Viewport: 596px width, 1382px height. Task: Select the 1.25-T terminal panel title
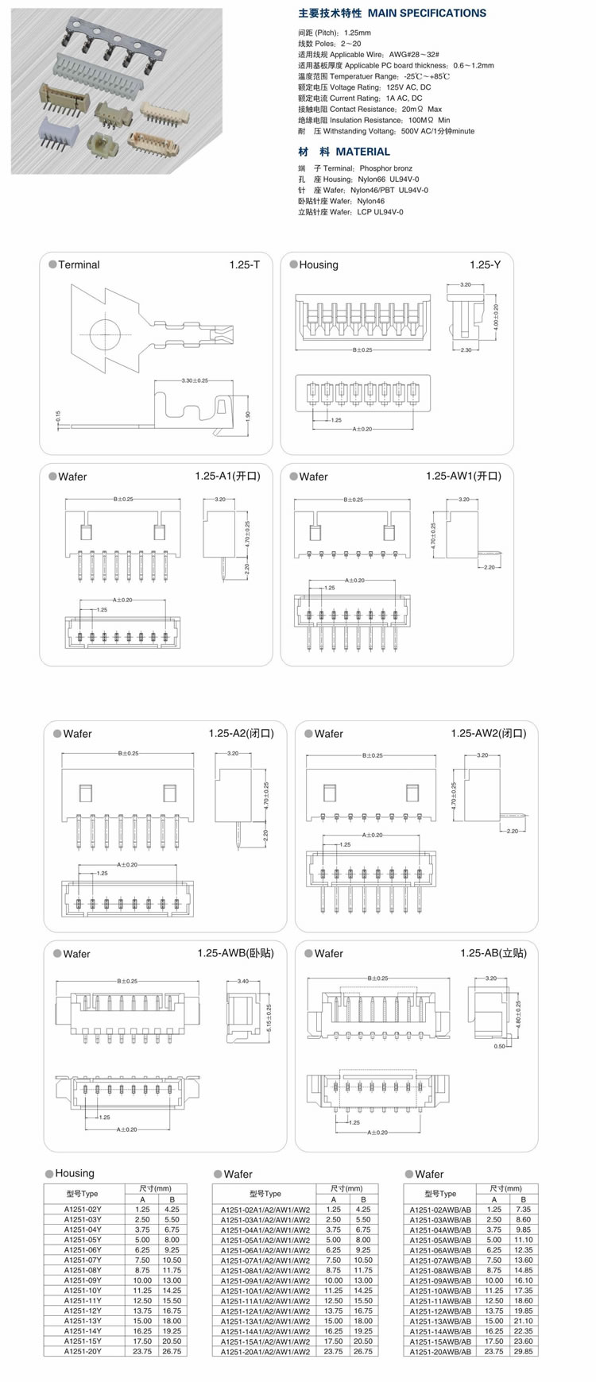(x=244, y=264)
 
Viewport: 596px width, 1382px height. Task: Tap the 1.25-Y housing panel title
(x=485, y=264)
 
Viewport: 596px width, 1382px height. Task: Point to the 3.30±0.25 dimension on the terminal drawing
(x=194, y=381)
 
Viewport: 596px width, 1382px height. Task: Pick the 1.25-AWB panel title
(x=235, y=953)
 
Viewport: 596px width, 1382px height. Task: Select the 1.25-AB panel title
(x=493, y=953)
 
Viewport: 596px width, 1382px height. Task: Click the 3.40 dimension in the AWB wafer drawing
(x=242, y=982)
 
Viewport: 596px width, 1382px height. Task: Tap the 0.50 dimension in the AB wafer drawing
(x=499, y=1046)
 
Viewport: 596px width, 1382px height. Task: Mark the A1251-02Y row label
(x=83, y=1209)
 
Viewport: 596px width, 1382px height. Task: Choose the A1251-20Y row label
(x=83, y=1351)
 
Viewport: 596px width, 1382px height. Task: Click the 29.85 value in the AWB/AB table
(x=523, y=1352)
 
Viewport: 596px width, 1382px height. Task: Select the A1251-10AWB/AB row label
(x=440, y=1291)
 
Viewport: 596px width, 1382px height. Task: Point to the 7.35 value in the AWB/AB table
(x=523, y=1210)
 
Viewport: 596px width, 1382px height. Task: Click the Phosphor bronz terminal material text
(x=385, y=168)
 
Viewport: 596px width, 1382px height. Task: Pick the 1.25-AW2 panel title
(x=488, y=734)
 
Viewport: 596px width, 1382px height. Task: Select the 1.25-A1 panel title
(x=227, y=476)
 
